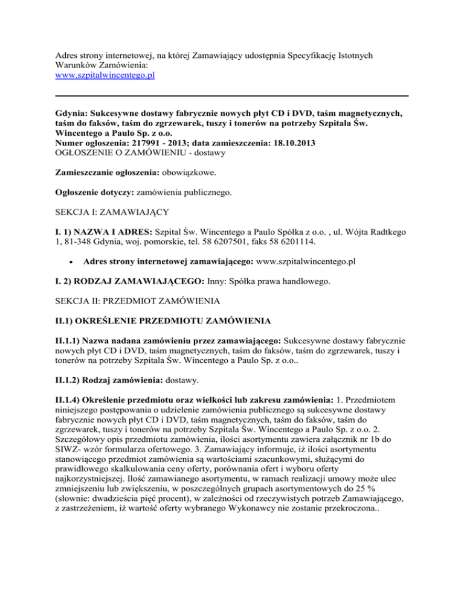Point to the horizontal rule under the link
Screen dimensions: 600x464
[x=232, y=95]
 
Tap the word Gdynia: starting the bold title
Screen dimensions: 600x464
[x=72, y=112]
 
